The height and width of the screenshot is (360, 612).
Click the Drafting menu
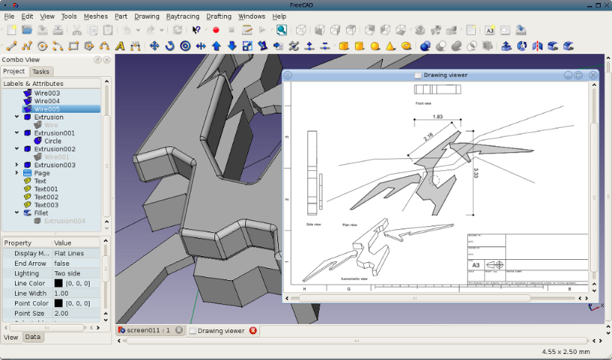[x=218, y=16]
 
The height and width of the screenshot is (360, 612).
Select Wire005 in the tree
[x=47, y=109]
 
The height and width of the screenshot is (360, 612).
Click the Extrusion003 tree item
[x=55, y=165]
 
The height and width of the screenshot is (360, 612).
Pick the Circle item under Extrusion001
[x=53, y=141]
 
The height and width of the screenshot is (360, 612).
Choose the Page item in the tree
[x=42, y=173]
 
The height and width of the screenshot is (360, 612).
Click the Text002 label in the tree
[x=46, y=196]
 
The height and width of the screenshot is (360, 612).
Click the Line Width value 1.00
[x=61, y=294]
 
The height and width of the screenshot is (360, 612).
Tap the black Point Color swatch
[x=58, y=304]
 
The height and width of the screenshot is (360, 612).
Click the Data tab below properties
[x=33, y=338]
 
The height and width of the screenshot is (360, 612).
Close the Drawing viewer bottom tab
[x=253, y=330]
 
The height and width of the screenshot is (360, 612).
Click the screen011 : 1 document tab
[x=148, y=330]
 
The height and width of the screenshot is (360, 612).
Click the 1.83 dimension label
[x=437, y=117]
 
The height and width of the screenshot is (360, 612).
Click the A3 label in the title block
[x=475, y=265]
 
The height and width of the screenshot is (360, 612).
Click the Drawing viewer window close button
[x=593, y=75]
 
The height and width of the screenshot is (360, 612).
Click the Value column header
[x=63, y=243]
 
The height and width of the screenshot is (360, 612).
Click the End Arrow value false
[x=62, y=264]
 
